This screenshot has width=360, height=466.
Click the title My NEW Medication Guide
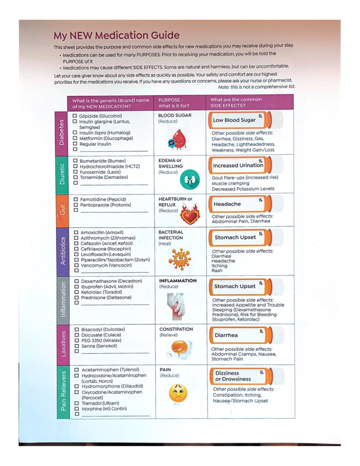(x=116, y=35)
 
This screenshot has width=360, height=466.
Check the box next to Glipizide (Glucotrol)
(x=75, y=116)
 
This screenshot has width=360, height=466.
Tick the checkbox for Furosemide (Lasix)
(x=75, y=172)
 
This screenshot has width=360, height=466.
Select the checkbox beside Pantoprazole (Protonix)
(x=76, y=205)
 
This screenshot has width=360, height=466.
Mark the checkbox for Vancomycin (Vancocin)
(x=76, y=265)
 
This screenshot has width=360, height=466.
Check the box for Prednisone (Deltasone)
(x=77, y=298)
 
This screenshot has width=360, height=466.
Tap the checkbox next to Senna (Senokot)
(x=77, y=346)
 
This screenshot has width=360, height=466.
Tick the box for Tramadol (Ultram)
(x=77, y=403)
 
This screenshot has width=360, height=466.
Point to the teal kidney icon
(x=190, y=179)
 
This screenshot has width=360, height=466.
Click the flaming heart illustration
(x=190, y=214)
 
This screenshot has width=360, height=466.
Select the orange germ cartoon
(x=179, y=259)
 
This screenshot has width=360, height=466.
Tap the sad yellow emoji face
(x=178, y=393)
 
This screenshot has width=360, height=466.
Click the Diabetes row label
(x=61, y=132)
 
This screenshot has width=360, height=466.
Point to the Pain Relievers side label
(x=63, y=391)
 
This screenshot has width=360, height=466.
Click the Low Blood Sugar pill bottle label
(x=234, y=120)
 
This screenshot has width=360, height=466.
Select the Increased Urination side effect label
(x=238, y=165)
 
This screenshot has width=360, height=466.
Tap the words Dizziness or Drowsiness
(x=233, y=376)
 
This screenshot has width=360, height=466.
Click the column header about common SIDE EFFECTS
(x=236, y=102)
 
